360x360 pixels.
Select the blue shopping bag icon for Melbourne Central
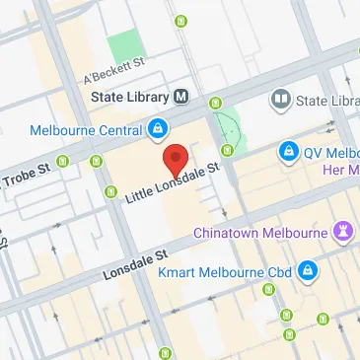pos(158,128)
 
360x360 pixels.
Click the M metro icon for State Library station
pos(181,97)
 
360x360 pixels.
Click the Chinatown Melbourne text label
pos(261,233)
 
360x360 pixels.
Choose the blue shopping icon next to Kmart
pos(309,268)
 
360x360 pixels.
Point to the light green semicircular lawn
pos(229,129)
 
